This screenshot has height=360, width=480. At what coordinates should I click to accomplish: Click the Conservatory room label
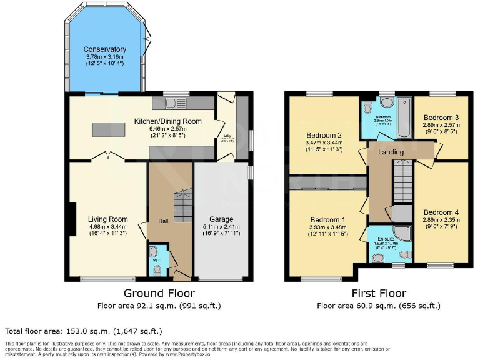[106, 49]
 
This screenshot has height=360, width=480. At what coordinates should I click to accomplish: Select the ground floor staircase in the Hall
[182, 207]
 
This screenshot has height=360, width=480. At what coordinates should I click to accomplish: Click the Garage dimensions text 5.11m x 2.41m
[222, 227]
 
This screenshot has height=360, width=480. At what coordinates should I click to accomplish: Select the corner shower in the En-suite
[404, 235]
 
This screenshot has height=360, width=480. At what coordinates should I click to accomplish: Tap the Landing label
[391, 152]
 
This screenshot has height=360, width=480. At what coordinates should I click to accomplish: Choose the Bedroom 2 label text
[323, 135]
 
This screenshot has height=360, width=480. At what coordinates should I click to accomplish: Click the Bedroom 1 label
[328, 219]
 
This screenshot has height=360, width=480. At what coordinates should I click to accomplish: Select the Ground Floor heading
[159, 293]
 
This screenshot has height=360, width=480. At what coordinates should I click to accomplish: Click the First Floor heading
[378, 293]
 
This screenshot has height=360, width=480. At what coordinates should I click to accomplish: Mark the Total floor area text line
[84, 331]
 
